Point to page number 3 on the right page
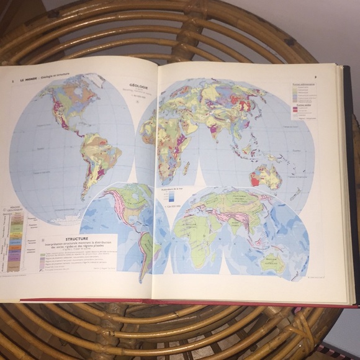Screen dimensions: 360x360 pos(315,78)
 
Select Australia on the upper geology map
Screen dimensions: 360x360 pos(268,176)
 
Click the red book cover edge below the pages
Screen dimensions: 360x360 pos(186,302)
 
